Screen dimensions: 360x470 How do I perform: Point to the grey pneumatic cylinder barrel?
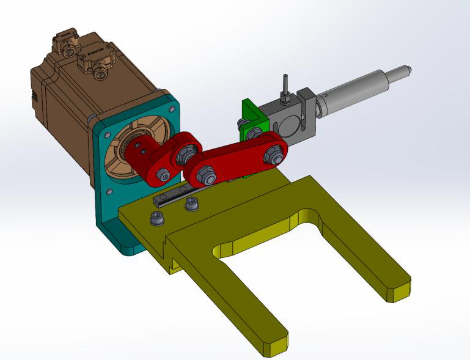354,92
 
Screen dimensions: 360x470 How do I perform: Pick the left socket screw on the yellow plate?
156,218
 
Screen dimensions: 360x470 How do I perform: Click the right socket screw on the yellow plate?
192,204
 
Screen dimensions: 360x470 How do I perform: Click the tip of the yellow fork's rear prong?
397,289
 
